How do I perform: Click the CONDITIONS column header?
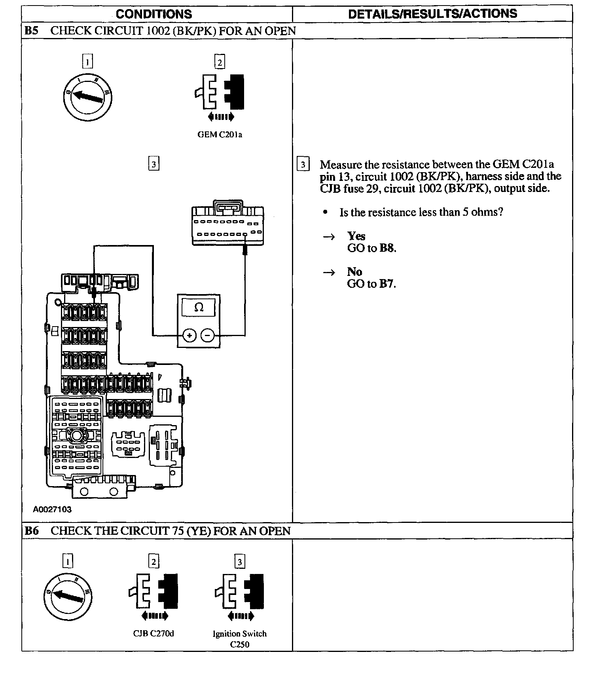click(x=154, y=14)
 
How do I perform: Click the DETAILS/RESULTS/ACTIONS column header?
click(x=432, y=14)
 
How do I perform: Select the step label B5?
click(x=32, y=31)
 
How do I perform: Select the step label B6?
click(x=32, y=531)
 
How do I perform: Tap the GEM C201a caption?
click(x=220, y=135)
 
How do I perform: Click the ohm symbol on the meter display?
click(x=199, y=308)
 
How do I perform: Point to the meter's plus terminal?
click(x=189, y=336)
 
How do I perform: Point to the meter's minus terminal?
click(x=208, y=336)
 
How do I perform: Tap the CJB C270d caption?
click(x=153, y=634)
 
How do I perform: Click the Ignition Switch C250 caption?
click(x=240, y=639)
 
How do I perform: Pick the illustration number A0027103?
click(x=52, y=509)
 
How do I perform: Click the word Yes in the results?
click(x=356, y=236)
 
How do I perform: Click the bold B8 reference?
click(x=387, y=248)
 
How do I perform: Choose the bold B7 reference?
click(x=387, y=284)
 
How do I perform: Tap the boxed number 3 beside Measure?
click(x=303, y=164)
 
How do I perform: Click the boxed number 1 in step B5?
click(x=87, y=61)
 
